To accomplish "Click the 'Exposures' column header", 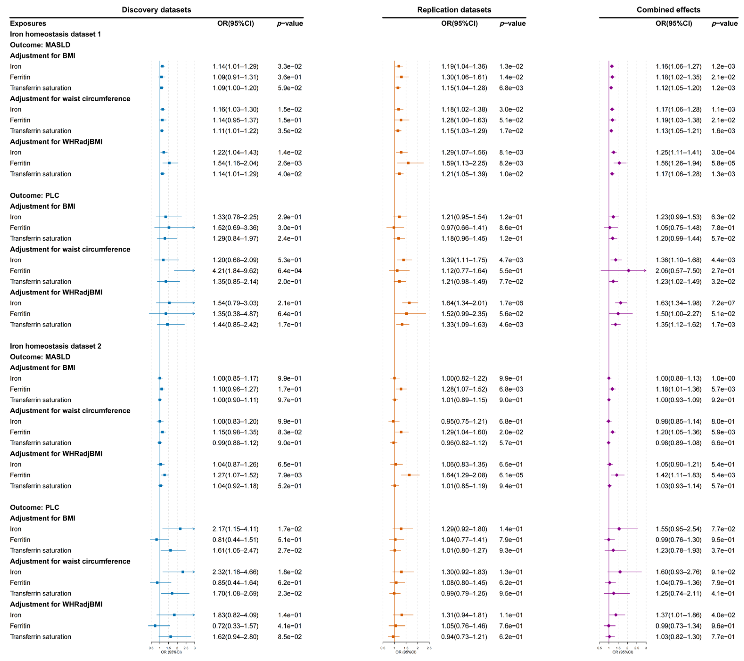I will tap(28, 23).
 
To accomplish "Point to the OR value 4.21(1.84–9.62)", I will tap(235, 271).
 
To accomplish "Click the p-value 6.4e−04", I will tap(289, 271).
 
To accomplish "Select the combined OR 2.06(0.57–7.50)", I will tap(678, 271).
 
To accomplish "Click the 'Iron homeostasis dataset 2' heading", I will tap(56, 346).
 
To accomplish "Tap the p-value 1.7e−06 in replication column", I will tap(511, 303).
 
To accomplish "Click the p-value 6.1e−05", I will tap(511, 475).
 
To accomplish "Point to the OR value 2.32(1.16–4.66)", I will tap(235, 572).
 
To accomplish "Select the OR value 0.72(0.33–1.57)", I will tap(235, 626).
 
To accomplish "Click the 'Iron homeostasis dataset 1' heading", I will tap(55, 34).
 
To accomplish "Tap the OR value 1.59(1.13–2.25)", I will tap(464, 163).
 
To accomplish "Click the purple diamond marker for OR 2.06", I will tap(629, 271).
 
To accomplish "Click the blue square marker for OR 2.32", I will tap(183, 572).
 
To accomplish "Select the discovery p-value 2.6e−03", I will tap(289, 163).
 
